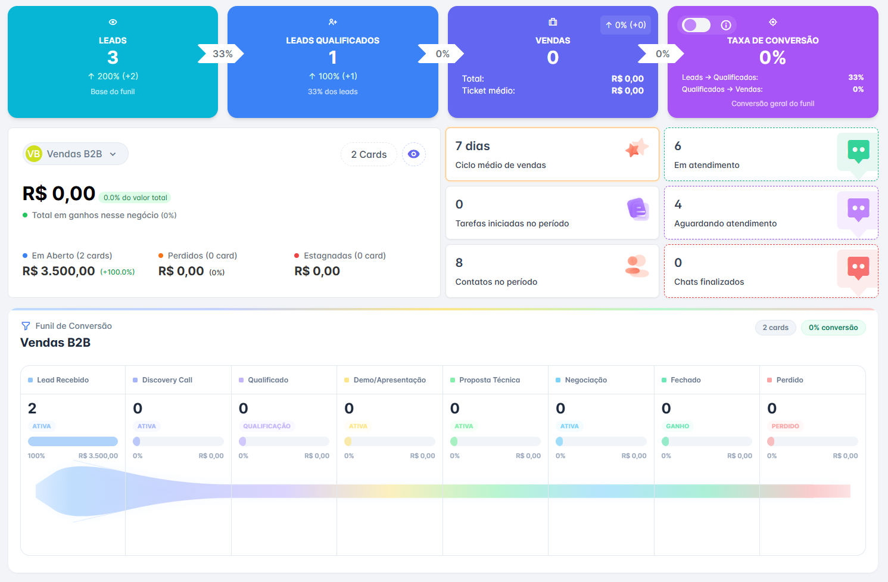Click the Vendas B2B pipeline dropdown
[x=75, y=154]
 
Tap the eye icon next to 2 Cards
[x=413, y=154]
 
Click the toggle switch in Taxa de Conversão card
[x=696, y=25]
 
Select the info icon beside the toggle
[x=726, y=26]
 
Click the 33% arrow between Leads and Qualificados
[x=221, y=54]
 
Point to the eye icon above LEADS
[x=113, y=22]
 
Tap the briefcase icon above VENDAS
[x=553, y=22]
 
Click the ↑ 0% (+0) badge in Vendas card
[x=625, y=25]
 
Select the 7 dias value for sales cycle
[x=472, y=146]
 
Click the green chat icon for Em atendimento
[x=858, y=151]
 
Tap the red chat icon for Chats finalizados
[x=858, y=268]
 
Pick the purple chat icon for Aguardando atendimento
[x=858, y=210]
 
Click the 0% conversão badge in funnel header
[x=833, y=328]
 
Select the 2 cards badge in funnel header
[x=775, y=328]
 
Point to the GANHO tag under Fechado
[x=677, y=426]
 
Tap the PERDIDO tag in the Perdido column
[x=785, y=426]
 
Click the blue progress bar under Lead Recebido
[x=73, y=441]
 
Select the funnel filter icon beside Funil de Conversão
[x=26, y=326]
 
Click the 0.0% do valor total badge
[x=135, y=197]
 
